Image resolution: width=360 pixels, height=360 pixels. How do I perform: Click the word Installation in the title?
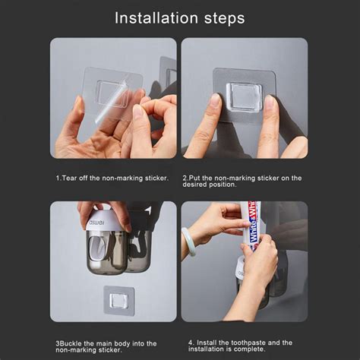156,18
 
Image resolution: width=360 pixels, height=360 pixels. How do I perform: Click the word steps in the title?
225,19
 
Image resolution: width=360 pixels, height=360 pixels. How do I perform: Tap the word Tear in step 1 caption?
69,178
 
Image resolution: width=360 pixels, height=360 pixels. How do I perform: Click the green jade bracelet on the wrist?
188,242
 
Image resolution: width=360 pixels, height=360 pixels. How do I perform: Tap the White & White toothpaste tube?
251,226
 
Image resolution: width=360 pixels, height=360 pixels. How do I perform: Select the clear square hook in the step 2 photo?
245,97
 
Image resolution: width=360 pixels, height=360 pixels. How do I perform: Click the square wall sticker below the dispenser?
118,301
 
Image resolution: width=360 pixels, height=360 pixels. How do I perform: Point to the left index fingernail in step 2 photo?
215,100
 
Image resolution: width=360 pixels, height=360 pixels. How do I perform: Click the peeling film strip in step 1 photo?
111,100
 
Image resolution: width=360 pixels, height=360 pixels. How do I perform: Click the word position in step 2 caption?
223,185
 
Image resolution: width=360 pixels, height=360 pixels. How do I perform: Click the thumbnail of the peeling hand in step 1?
139,112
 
